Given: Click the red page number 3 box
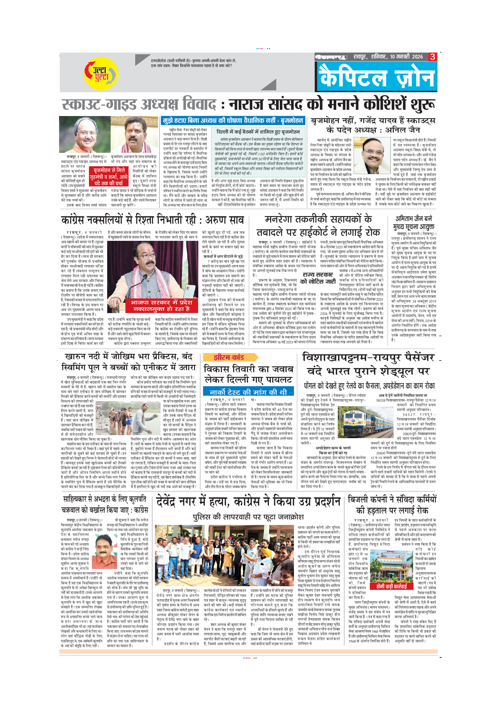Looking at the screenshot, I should click(x=432, y=57).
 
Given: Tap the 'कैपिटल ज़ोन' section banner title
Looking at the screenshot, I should click(x=376, y=78).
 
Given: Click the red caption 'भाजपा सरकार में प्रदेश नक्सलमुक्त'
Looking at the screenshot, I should click(x=161, y=305).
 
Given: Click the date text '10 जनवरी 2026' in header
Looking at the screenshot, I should click(x=406, y=57).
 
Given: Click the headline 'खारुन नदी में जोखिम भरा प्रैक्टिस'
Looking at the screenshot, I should click(x=128, y=362).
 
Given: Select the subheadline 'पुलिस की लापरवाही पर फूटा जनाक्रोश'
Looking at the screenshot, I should click(x=248, y=517).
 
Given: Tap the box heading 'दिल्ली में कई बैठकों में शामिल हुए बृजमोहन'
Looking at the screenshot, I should click(x=258, y=132).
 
